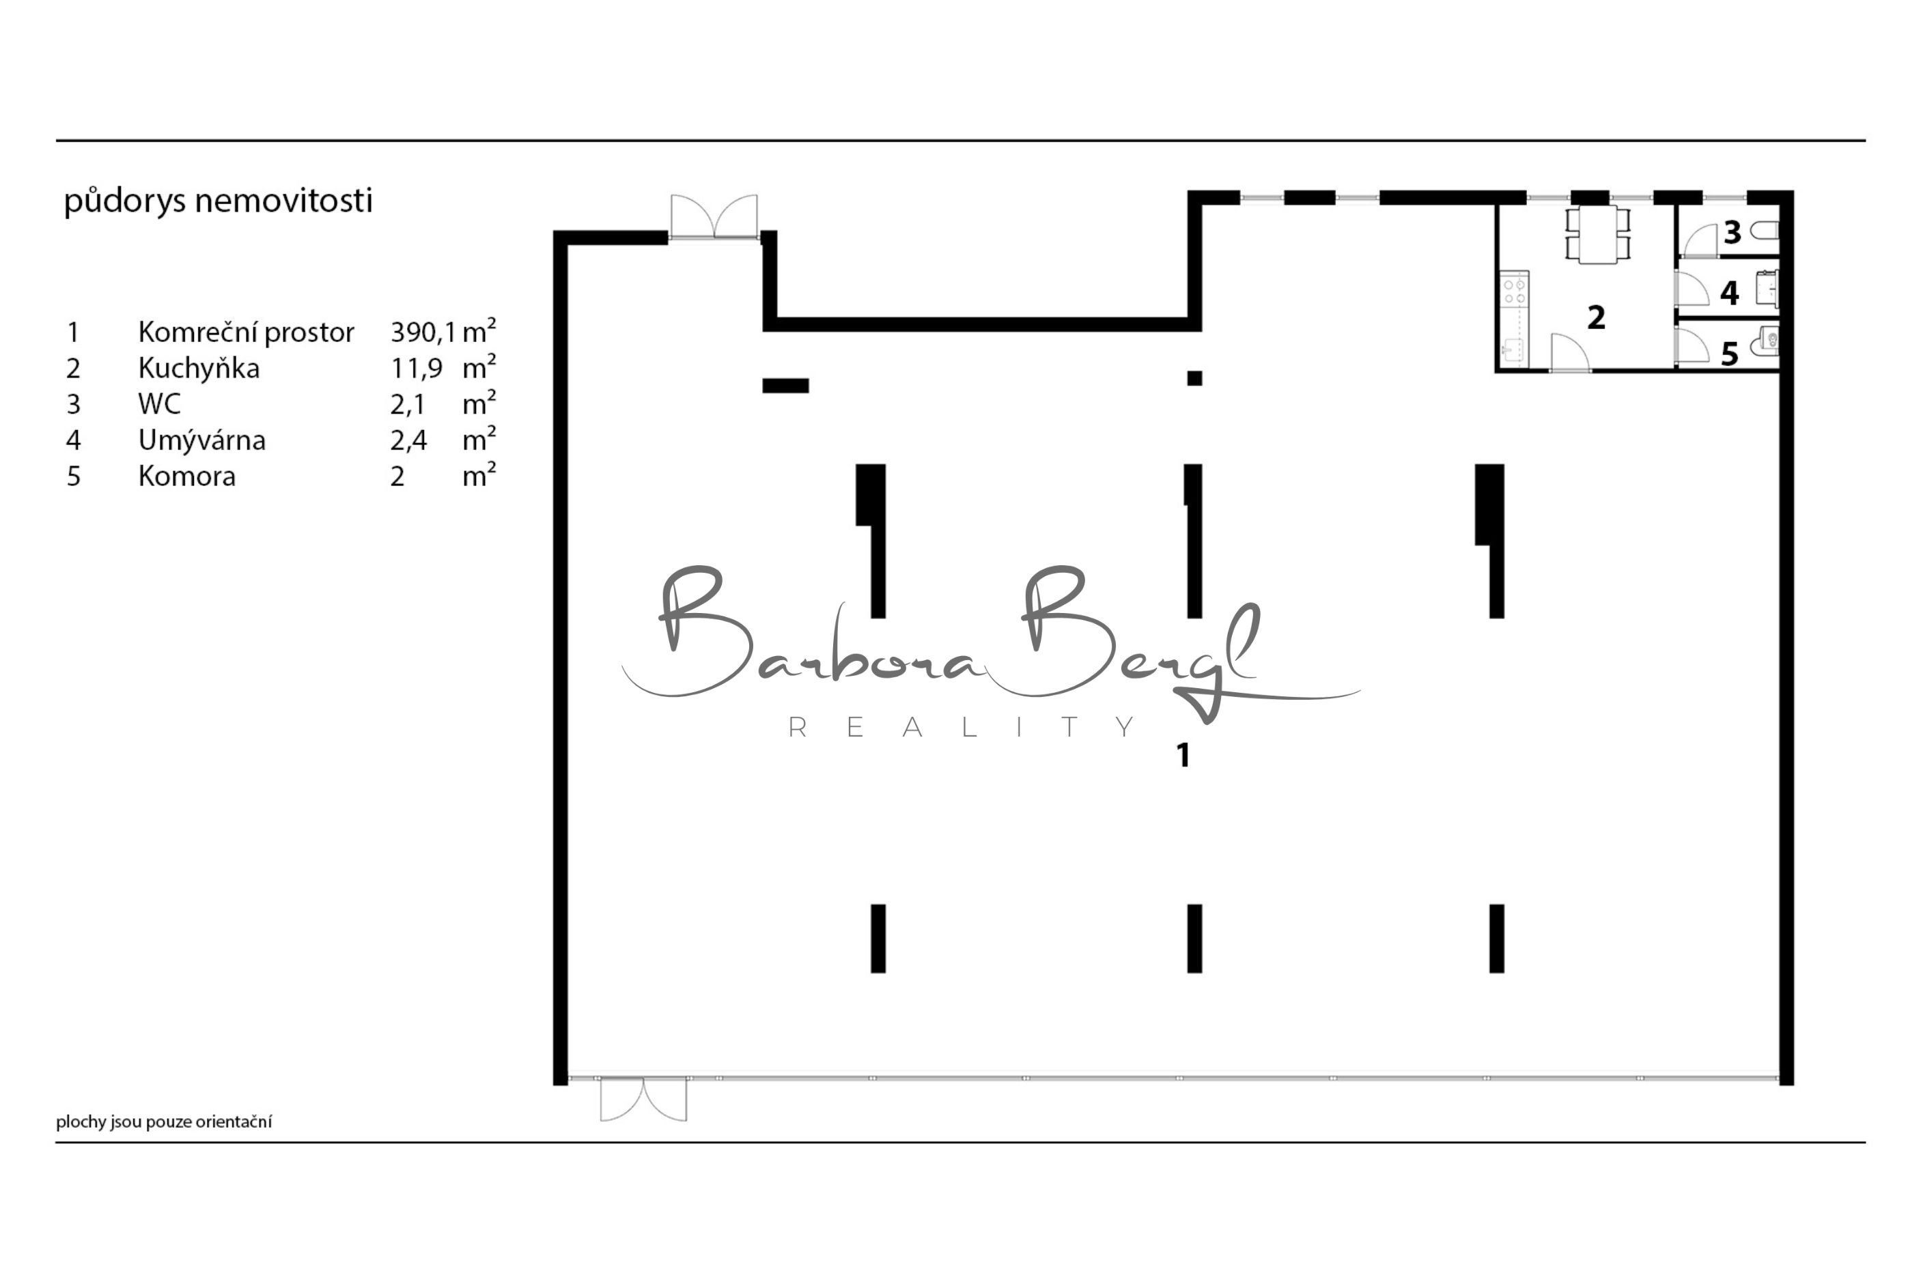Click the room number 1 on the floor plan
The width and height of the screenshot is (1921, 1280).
click(1183, 755)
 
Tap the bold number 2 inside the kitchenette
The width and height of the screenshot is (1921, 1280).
click(1596, 317)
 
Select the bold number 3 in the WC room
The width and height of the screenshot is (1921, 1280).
click(1733, 233)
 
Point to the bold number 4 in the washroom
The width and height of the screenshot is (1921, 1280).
click(1730, 293)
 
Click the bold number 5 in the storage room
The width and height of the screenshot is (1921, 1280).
click(1729, 354)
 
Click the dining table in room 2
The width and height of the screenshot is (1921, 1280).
click(1598, 235)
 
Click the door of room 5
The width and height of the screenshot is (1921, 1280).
click(1691, 345)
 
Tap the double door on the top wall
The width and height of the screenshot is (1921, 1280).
click(714, 216)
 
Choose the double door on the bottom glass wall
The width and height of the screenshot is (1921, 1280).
click(643, 1099)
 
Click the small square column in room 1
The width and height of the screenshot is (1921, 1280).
click(1194, 378)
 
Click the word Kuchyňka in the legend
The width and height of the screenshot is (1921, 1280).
click(199, 368)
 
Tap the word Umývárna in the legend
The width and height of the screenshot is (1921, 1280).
click(201, 440)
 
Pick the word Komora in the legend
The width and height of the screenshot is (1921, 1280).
click(187, 476)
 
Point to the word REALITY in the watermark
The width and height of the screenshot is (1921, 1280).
click(962, 726)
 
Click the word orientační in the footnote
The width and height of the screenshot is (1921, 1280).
click(234, 1122)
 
